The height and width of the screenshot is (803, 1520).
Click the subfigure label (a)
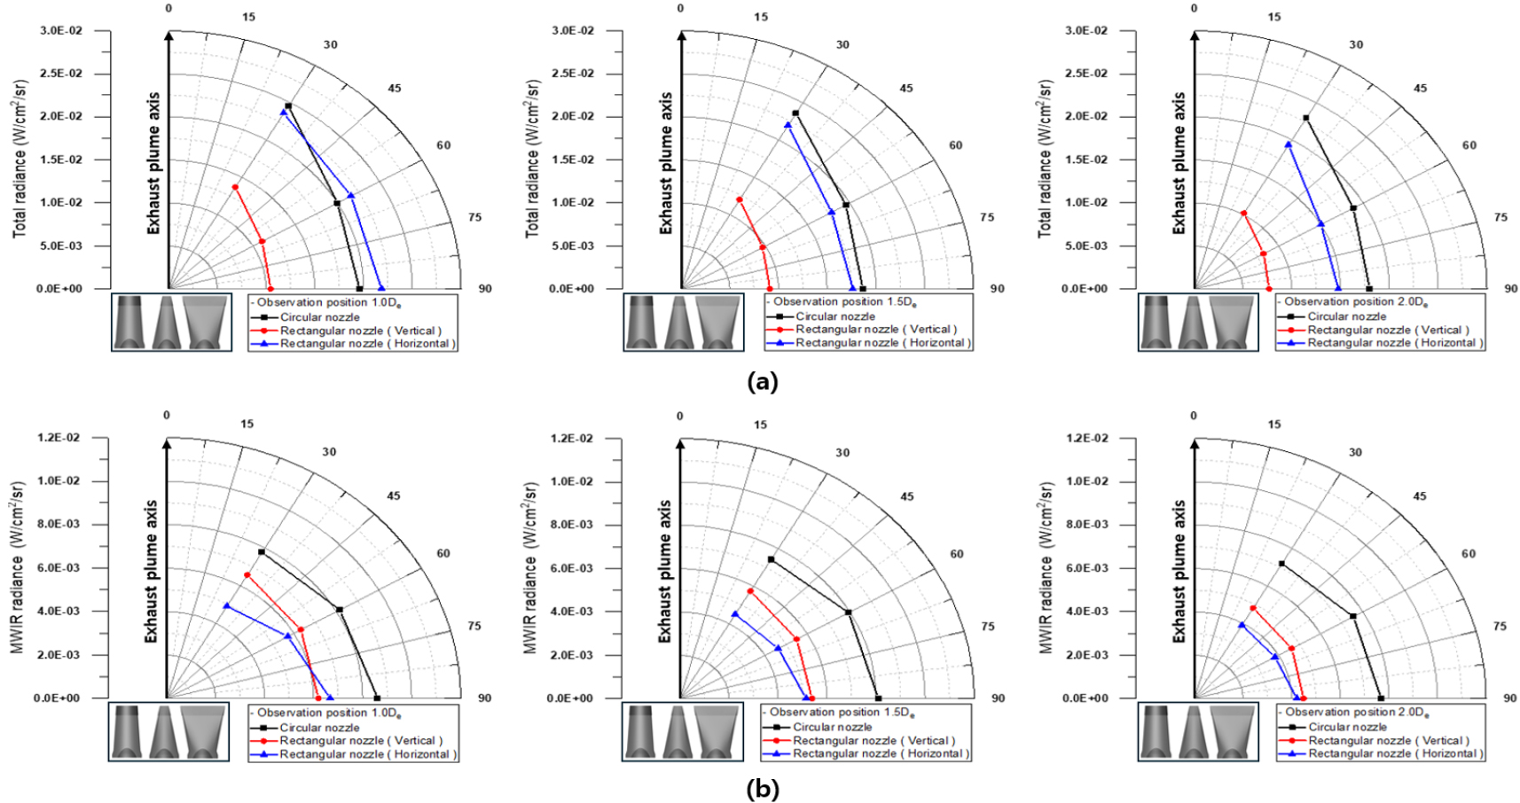[763, 382]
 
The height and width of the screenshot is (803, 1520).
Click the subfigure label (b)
[763, 789]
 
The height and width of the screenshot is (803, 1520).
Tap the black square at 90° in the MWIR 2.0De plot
[1381, 698]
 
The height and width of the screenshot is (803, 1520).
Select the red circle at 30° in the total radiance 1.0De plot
[235, 187]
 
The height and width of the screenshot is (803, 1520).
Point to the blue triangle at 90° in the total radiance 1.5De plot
[852, 289]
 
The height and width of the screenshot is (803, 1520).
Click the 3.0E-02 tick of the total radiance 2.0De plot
[1085, 31]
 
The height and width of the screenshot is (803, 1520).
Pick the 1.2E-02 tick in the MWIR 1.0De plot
[58, 438]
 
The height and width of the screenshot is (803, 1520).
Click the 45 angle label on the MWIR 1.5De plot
[906, 496]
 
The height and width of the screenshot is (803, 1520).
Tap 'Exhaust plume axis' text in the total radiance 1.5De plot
[666, 163]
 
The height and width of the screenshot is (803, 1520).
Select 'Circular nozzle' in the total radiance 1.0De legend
[319, 317]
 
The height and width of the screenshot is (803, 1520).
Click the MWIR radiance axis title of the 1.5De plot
[530, 568]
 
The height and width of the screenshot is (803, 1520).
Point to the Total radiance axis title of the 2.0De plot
[1045, 159]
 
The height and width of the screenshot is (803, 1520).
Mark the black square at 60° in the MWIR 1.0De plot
[340, 610]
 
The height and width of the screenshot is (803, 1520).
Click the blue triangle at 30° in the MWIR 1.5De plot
[734, 614]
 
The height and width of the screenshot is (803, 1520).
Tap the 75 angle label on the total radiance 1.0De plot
[475, 217]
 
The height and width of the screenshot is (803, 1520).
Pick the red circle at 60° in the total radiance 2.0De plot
[1263, 254]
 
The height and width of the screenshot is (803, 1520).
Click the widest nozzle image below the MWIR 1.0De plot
[203, 732]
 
